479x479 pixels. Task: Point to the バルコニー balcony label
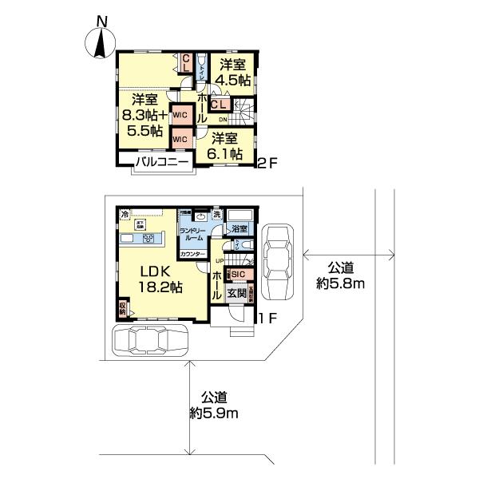click(161, 163)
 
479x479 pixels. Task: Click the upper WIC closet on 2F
click(181, 115)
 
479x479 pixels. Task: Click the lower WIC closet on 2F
click(181, 138)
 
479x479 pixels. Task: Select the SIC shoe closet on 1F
click(238, 275)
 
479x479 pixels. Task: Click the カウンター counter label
click(192, 254)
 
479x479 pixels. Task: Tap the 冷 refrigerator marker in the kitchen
click(125, 215)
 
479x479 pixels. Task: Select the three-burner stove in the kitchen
click(148, 239)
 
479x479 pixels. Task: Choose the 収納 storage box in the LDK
click(122, 307)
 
